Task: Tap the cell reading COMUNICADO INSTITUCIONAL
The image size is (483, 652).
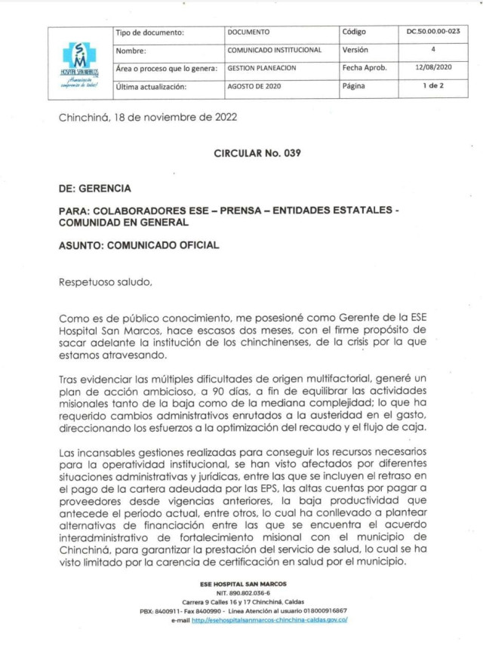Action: [x=275, y=50]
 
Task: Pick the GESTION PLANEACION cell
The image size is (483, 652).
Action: [x=262, y=68]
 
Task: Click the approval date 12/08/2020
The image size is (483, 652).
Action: [x=432, y=68]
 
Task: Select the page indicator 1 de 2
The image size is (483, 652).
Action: [x=433, y=86]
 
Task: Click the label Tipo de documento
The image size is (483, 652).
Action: [x=150, y=32]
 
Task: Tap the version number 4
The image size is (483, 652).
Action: [x=433, y=50]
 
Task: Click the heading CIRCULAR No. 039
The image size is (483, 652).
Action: [x=257, y=153]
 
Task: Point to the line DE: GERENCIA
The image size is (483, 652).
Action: [x=94, y=188]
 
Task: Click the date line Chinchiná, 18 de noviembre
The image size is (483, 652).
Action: [x=148, y=118]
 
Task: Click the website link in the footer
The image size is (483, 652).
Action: [x=269, y=620]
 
